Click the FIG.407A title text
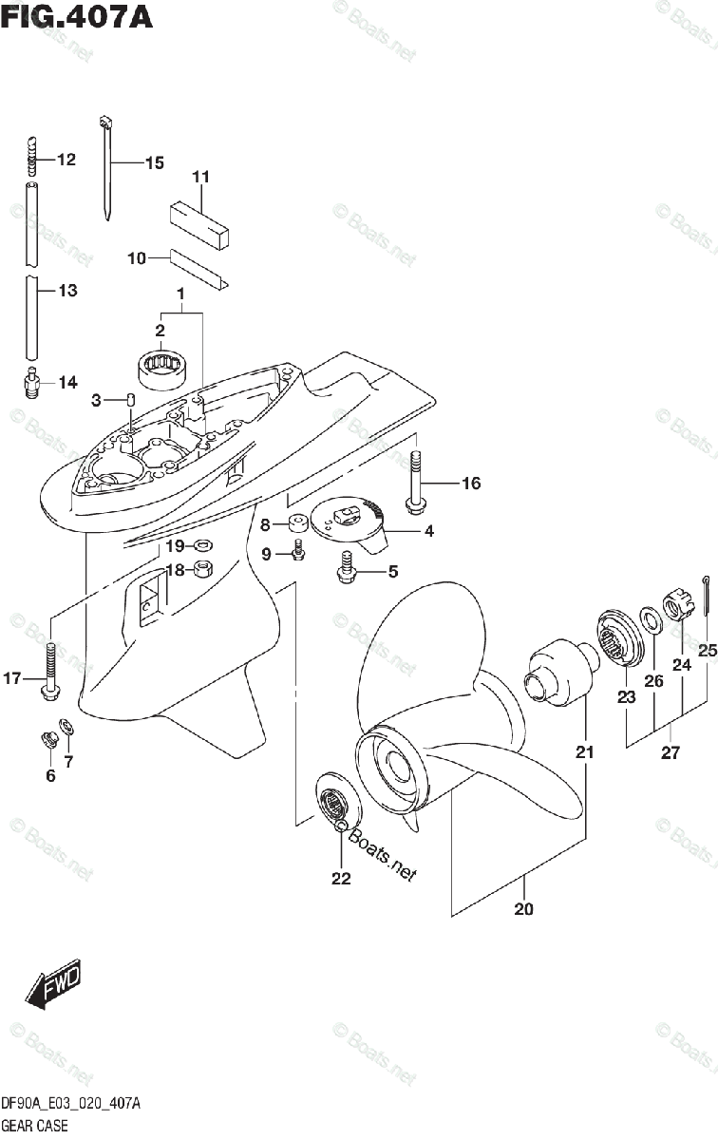(x=76, y=18)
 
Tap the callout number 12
(x=65, y=160)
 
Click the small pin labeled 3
(x=132, y=400)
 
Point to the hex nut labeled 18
(x=202, y=570)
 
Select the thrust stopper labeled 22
(x=334, y=807)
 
